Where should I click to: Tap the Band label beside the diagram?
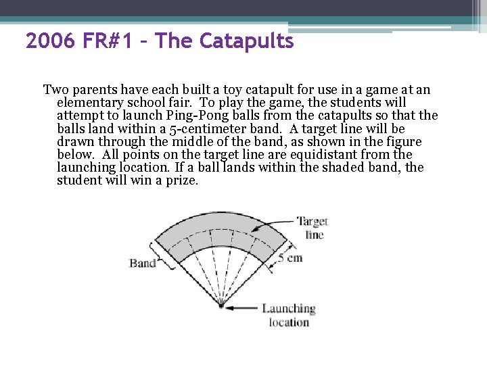pyautogui.click(x=142, y=263)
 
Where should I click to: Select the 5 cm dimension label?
pyautogui.click(x=290, y=258)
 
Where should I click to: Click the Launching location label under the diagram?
pyautogui.click(x=289, y=315)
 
